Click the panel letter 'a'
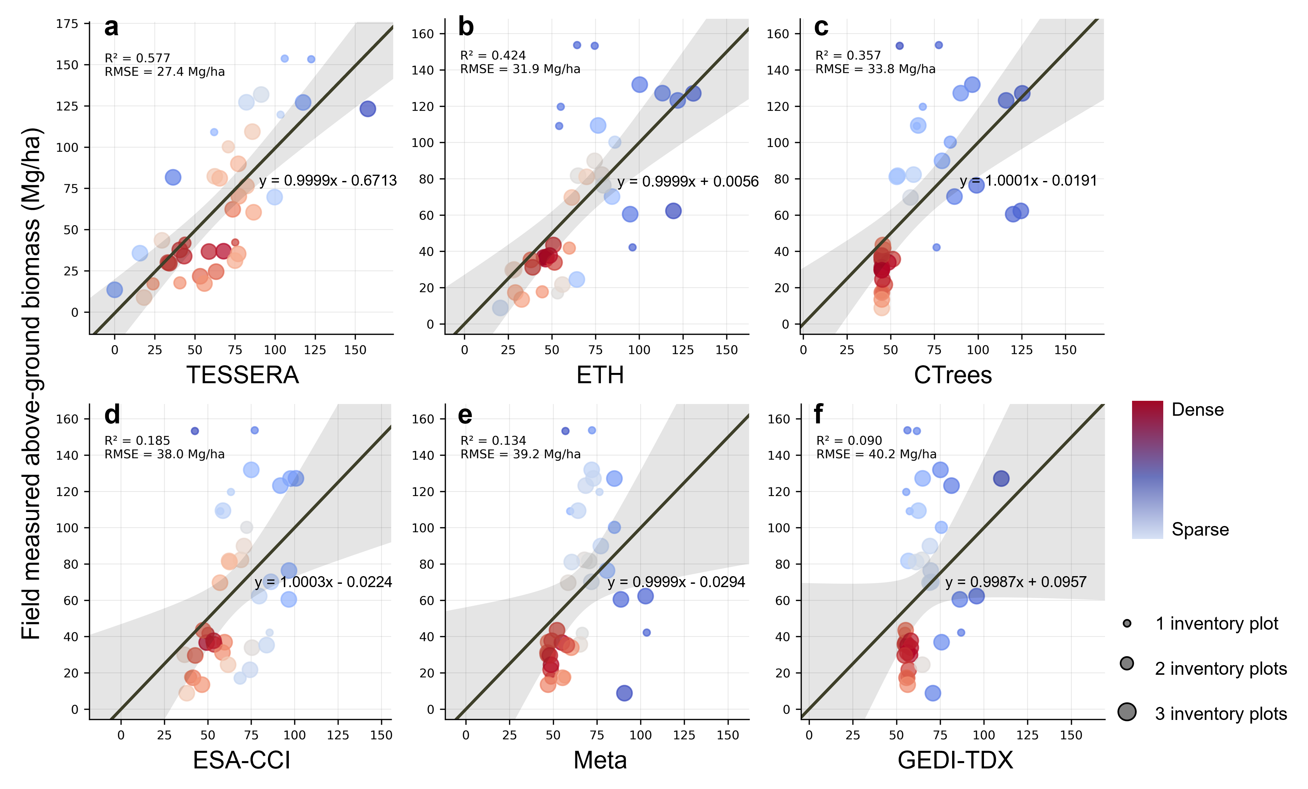point(112,28)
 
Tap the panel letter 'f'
point(819,414)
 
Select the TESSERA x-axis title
point(243,375)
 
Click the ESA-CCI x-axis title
point(242,760)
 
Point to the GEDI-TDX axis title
point(955,760)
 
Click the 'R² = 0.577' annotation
point(137,58)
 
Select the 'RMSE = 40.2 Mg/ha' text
point(876,455)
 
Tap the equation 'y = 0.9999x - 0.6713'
point(328,181)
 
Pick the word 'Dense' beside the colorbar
point(1197,410)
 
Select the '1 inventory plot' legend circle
point(1127,623)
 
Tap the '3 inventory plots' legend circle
point(1127,712)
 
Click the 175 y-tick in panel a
point(67,24)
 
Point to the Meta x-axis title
point(600,760)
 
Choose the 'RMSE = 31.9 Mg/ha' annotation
point(520,69)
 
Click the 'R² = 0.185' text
point(137,441)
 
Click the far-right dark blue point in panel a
point(368,109)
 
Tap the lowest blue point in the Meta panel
point(624,693)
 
